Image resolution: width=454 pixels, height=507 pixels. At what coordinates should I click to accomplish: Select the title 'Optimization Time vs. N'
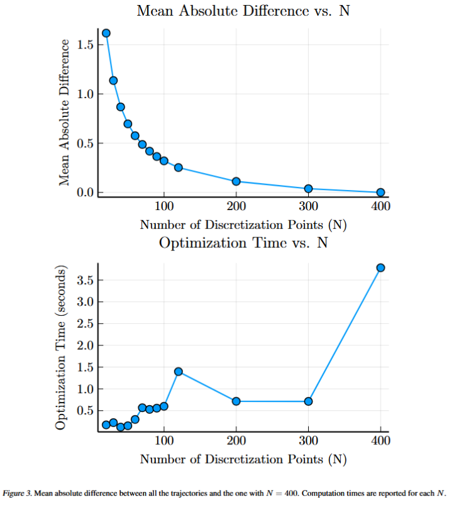pyautogui.click(x=243, y=242)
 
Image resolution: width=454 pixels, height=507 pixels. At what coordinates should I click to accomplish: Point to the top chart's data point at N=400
pyautogui.click(x=380, y=192)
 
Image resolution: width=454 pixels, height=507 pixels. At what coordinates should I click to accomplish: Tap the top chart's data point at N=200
pyautogui.click(x=236, y=181)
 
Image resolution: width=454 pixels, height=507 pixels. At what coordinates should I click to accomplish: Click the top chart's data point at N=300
pyautogui.click(x=308, y=189)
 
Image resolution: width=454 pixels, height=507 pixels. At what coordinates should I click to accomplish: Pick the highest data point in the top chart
pyautogui.click(x=106, y=33)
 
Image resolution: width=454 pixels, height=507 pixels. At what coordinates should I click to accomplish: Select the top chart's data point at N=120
pyautogui.click(x=179, y=167)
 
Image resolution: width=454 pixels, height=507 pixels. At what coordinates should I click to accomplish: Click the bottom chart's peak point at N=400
pyautogui.click(x=380, y=267)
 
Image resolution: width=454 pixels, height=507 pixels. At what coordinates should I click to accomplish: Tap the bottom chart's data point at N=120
pyautogui.click(x=179, y=371)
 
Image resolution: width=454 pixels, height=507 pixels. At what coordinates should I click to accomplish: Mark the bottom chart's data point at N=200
pyautogui.click(x=236, y=401)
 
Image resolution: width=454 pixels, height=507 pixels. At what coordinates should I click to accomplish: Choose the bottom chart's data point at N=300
pyautogui.click(x=308, y=401)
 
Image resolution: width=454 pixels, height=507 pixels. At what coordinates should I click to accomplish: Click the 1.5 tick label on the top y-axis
pyautogui.click(x=86, y=45)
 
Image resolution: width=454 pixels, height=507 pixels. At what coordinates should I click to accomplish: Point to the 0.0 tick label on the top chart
pyautogui.click(x=86, y=192)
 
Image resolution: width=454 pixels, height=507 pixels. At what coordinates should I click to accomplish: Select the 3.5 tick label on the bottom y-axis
pyautogui.click(x=86, y=281)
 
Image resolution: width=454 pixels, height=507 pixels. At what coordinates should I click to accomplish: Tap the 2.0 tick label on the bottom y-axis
pyautogui.click(x=86, y=345)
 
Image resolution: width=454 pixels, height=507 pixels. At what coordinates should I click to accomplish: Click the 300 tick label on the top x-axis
pyautogui.click(x=308, y=206)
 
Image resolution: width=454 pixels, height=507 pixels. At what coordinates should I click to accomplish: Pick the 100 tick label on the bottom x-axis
pyautogui.click(x=164, y=440)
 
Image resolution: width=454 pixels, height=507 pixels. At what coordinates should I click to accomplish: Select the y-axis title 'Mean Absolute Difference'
pyautogui.click(x=64, y=113)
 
